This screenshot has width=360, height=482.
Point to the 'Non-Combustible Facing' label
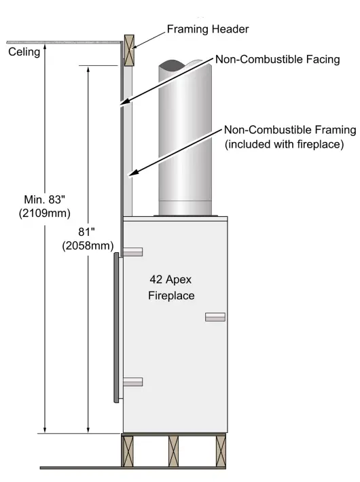277,60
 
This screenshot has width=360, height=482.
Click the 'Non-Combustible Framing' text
289,130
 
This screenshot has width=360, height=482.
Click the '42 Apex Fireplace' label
171,287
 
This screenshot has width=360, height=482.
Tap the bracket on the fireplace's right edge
215,317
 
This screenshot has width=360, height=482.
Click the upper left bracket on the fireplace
132,252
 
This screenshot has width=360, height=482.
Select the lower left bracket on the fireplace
132,382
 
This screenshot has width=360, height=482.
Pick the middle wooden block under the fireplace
175,451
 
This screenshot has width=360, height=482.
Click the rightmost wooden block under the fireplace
221,451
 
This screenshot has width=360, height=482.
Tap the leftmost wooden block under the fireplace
127,451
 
